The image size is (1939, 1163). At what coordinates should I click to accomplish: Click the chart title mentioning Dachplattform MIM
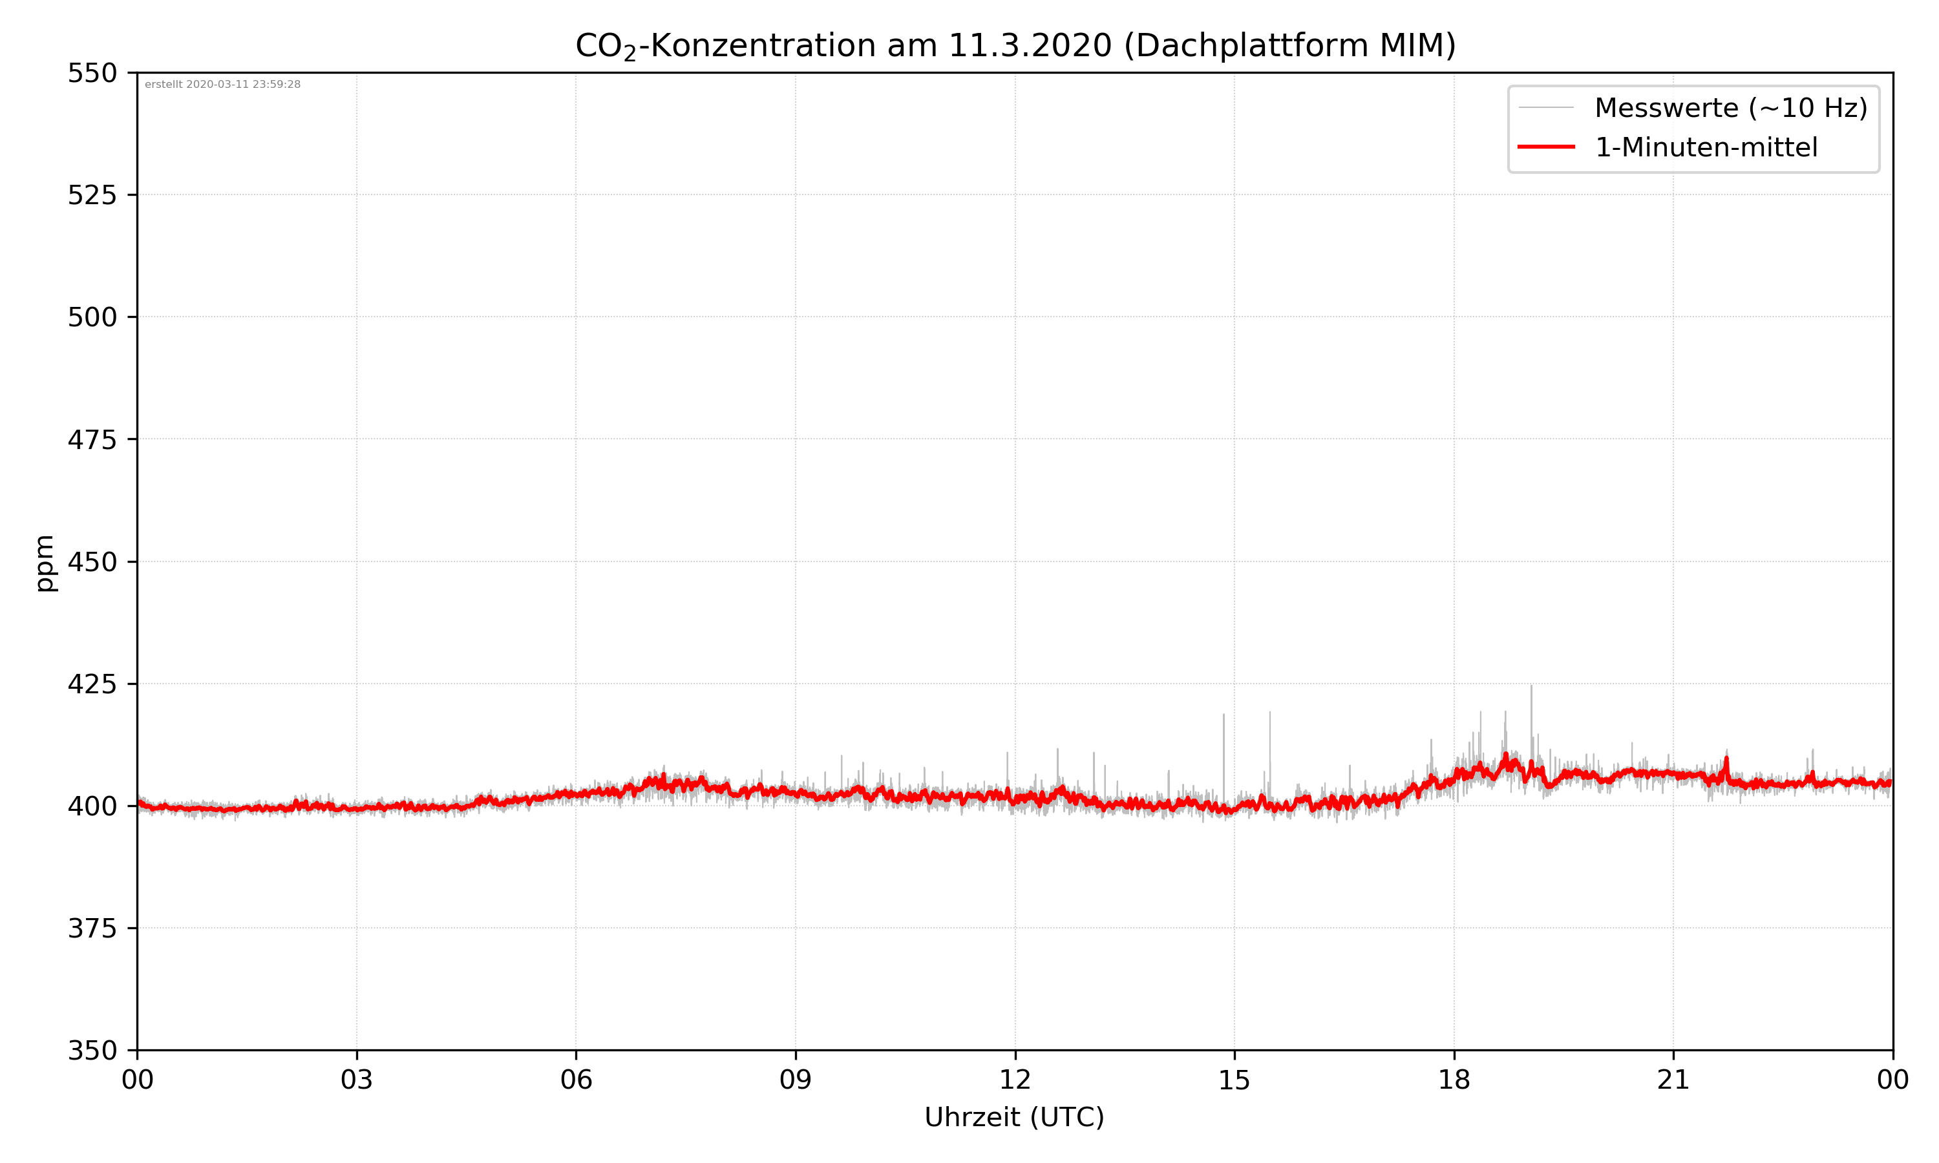tap(1015, 45)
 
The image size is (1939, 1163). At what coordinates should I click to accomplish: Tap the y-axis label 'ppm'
tap(45, 562)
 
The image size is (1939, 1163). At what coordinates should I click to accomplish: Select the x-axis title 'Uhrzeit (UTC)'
tap(1014, 1116)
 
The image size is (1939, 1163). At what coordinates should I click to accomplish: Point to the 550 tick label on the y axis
tap(92, 73)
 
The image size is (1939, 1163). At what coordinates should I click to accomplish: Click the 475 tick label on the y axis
tap(92, 439)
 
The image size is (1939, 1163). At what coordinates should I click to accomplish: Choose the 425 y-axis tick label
tap(92, 684)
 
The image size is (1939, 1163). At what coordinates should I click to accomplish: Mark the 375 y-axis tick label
tap(92, 928)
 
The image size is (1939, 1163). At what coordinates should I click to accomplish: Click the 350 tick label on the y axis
tap(92, 1051)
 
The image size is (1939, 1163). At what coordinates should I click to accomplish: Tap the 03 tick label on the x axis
tap(357, 1080)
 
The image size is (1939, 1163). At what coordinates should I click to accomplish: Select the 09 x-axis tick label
tap(796, 1080)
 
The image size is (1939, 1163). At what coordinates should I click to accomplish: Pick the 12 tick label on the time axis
tap(1015, 1080)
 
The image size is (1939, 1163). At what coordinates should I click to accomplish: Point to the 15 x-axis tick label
tap(1234, 1080)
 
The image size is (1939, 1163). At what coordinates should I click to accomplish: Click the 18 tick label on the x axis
tap(1454, 1080)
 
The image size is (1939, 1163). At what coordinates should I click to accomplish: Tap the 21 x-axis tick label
tap(1673, 1080)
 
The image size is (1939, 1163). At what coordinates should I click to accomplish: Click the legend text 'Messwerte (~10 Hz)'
tap(1730, 108)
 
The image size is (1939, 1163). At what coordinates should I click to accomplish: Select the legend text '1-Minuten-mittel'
tap(1706, 147)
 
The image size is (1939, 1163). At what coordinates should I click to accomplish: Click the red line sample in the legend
tap(1545, 147)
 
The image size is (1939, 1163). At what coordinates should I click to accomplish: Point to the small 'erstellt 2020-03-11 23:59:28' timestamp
tap(222, 85)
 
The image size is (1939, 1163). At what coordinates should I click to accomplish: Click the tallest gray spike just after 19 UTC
tap(1531, 689)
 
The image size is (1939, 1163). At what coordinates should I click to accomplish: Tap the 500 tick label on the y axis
tap(92, 317)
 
